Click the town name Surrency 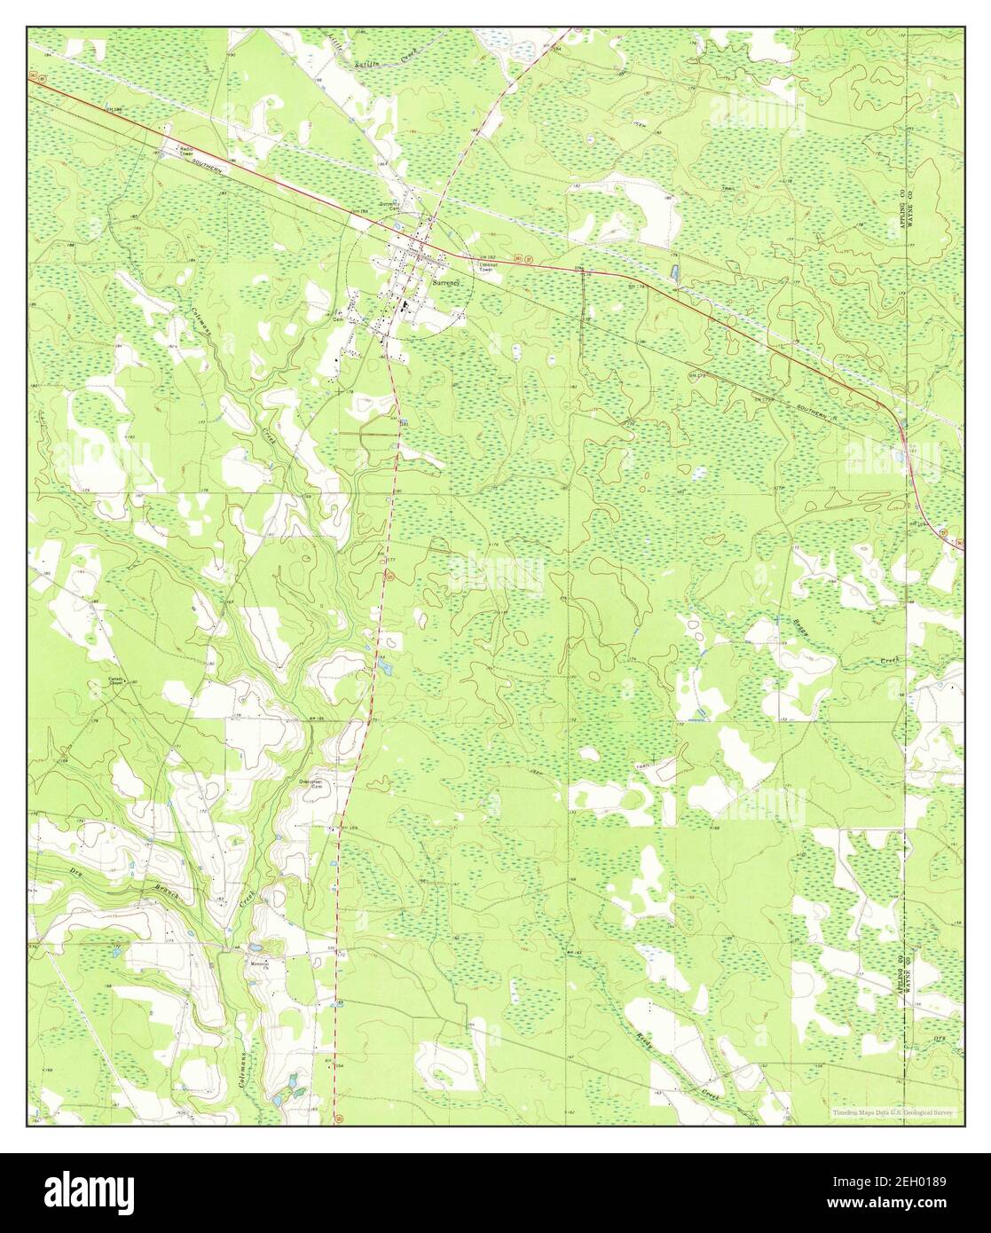coord(447,282)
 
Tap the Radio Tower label coord(185,151)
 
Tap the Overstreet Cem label coord(310,784)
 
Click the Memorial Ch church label coord(259,964)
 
